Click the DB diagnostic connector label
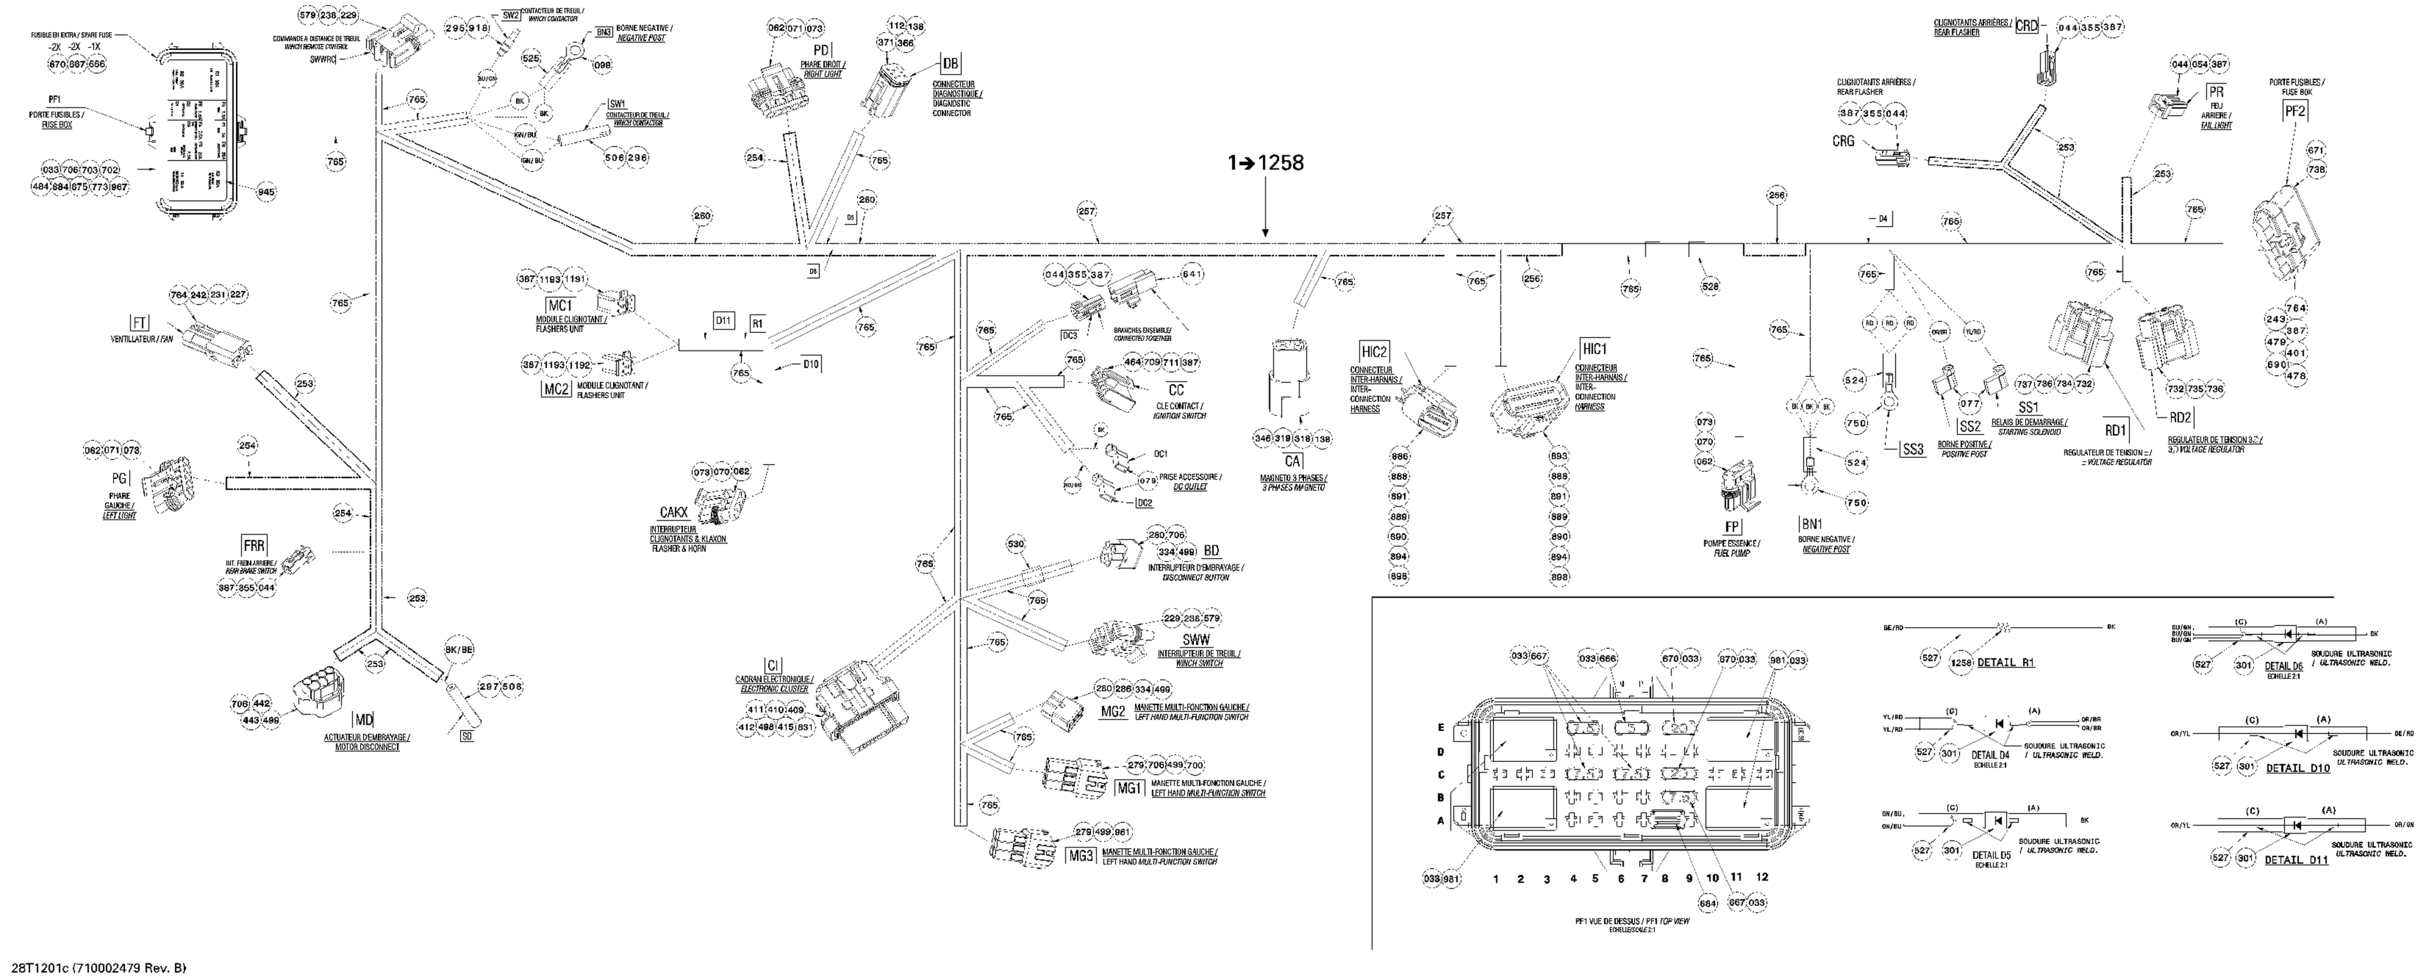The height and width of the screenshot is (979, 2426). [x=950, y=63]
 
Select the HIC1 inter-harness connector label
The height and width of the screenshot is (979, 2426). [x=1594, y=348]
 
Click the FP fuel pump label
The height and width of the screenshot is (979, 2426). [x=1732, y=526]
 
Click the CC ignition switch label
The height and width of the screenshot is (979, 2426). [x=1176, y=390]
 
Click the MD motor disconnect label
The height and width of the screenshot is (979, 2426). [x=363, y=721]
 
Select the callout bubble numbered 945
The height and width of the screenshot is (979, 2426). [x=267, y=192]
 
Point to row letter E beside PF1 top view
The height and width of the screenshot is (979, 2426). [x=1440, y=728]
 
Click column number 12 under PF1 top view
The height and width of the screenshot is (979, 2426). [x=1762, y=876]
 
